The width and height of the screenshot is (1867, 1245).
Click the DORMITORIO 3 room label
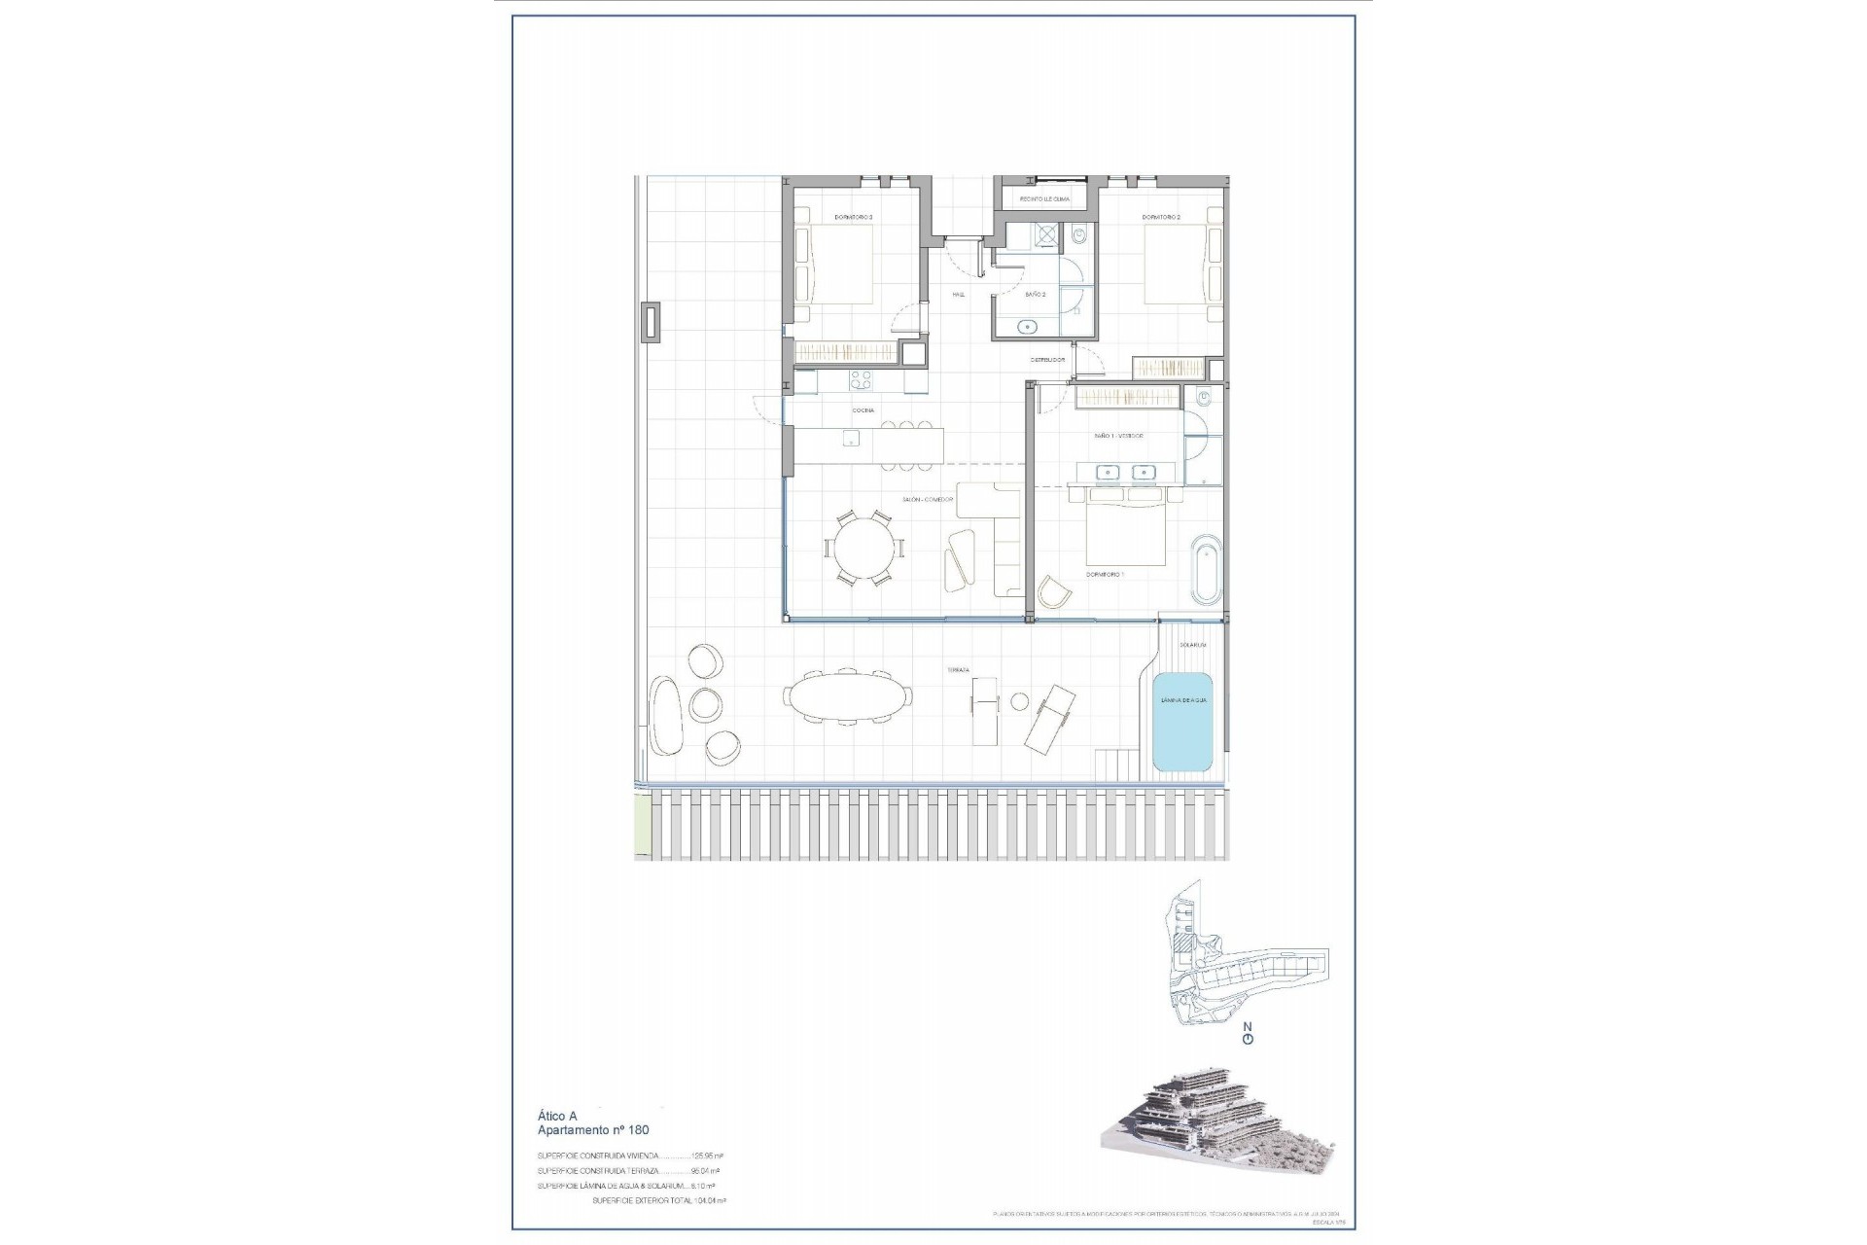853,217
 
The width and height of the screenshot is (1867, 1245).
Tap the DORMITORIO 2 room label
1161,217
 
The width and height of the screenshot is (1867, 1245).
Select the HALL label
959,294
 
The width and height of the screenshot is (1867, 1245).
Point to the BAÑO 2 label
1036,294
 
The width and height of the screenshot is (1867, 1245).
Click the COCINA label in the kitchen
863,410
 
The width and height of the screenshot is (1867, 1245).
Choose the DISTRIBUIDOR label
1048,360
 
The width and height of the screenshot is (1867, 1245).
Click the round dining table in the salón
864,549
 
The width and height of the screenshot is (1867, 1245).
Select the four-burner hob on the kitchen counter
181,378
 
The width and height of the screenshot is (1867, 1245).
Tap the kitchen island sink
171,440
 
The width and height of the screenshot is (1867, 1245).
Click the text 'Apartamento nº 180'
593,1130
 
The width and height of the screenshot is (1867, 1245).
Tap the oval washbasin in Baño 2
1027,326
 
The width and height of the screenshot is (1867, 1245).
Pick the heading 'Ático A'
557,1116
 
